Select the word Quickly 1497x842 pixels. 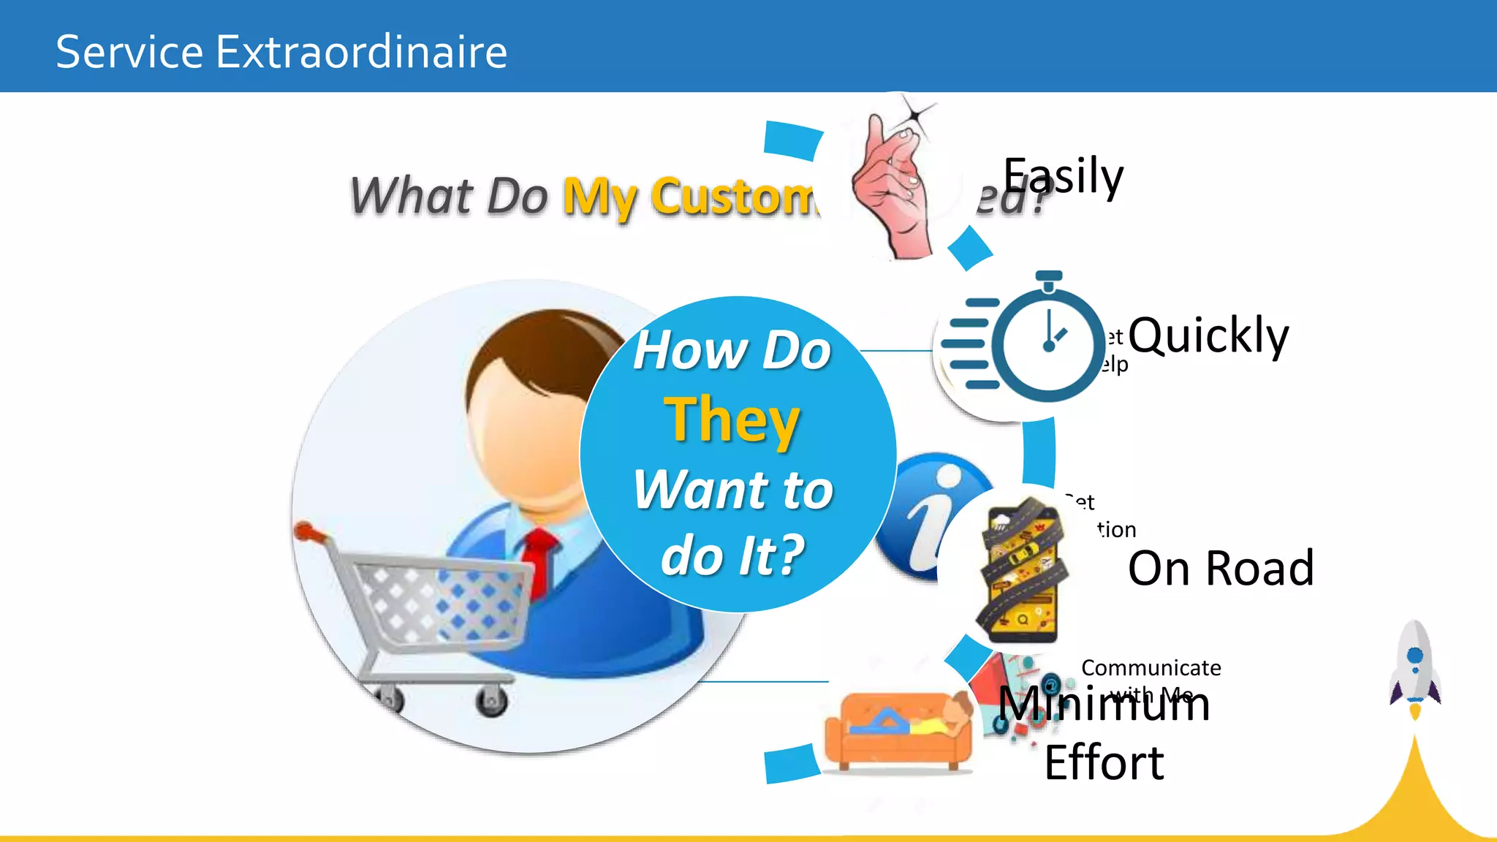pos(1208,335)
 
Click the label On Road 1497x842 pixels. pos(1221,568)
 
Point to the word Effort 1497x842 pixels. pos(1104,763)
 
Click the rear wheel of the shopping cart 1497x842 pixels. pos(491,702)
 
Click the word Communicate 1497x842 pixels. pos(1151,667)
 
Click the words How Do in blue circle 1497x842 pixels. pos(732,350)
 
